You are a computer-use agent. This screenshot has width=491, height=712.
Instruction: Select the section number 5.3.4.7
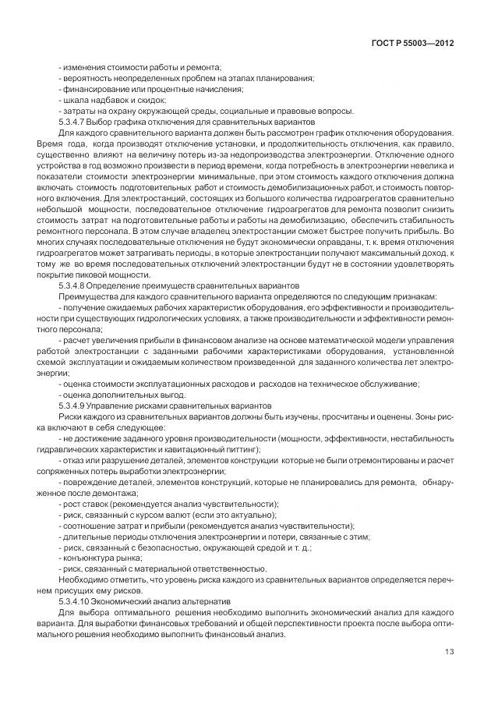75,122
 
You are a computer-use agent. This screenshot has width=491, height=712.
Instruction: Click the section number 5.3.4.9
75,406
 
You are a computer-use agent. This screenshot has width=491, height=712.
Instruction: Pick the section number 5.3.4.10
76,603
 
